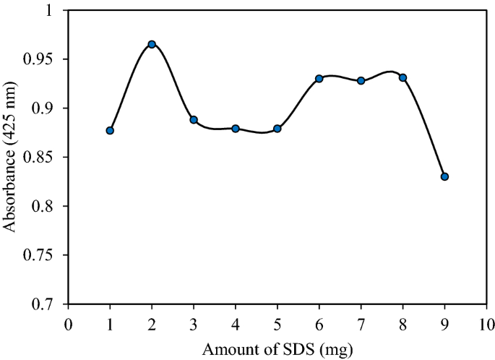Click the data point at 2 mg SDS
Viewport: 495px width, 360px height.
pyautogui.click(x=152, y=44)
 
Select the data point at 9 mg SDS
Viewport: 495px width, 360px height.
pyautogui.click(x=444, y=176)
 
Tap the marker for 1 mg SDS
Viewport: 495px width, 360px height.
pyautogui.click(x=110, y=130)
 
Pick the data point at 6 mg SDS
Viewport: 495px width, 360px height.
pyautogui.click(x=319, y=78)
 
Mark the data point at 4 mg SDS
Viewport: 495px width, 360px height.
pyautogui.click(x=236, y=129)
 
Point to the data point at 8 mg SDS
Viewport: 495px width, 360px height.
pyautogui.click(x=403, y=77)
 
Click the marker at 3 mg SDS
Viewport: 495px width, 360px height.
pyautogui.click(x=194, y=119)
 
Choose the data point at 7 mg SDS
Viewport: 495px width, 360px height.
pyautogui.click(x=361, y=80)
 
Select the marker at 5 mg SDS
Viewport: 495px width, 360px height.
pyautogui.click(x=277, y=129)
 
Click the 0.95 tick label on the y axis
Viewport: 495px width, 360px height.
pyautogui.click(x=46, y=59)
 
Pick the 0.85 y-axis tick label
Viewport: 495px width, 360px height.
pyautogui.click(x=46, y=158)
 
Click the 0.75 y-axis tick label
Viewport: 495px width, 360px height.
pyautogui.click(x=46, y=255)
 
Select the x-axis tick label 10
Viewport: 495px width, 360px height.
pyautogui.click(x=486, y=322)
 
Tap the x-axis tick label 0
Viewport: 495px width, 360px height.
pyautogui.click(x=68, y=322)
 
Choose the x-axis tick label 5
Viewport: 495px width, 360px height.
pyautogui.click(x=277, y=322)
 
